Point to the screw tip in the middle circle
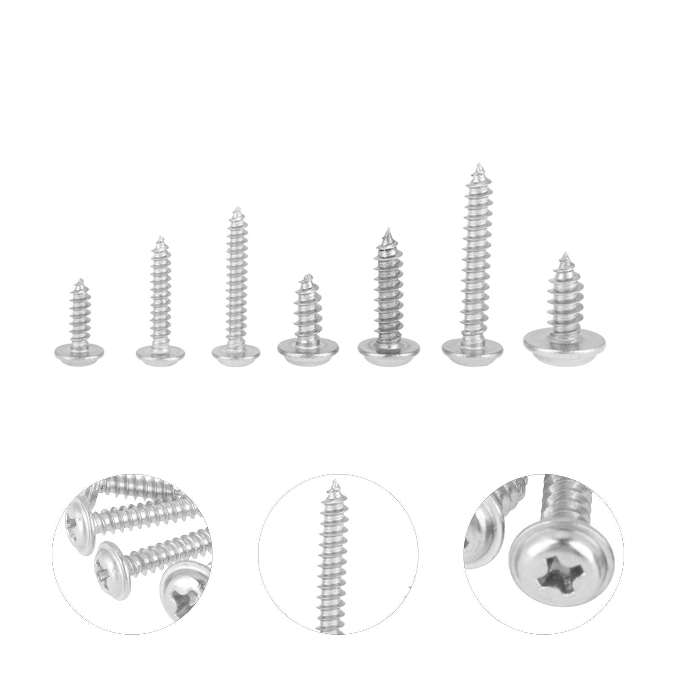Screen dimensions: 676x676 click(336, 482)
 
